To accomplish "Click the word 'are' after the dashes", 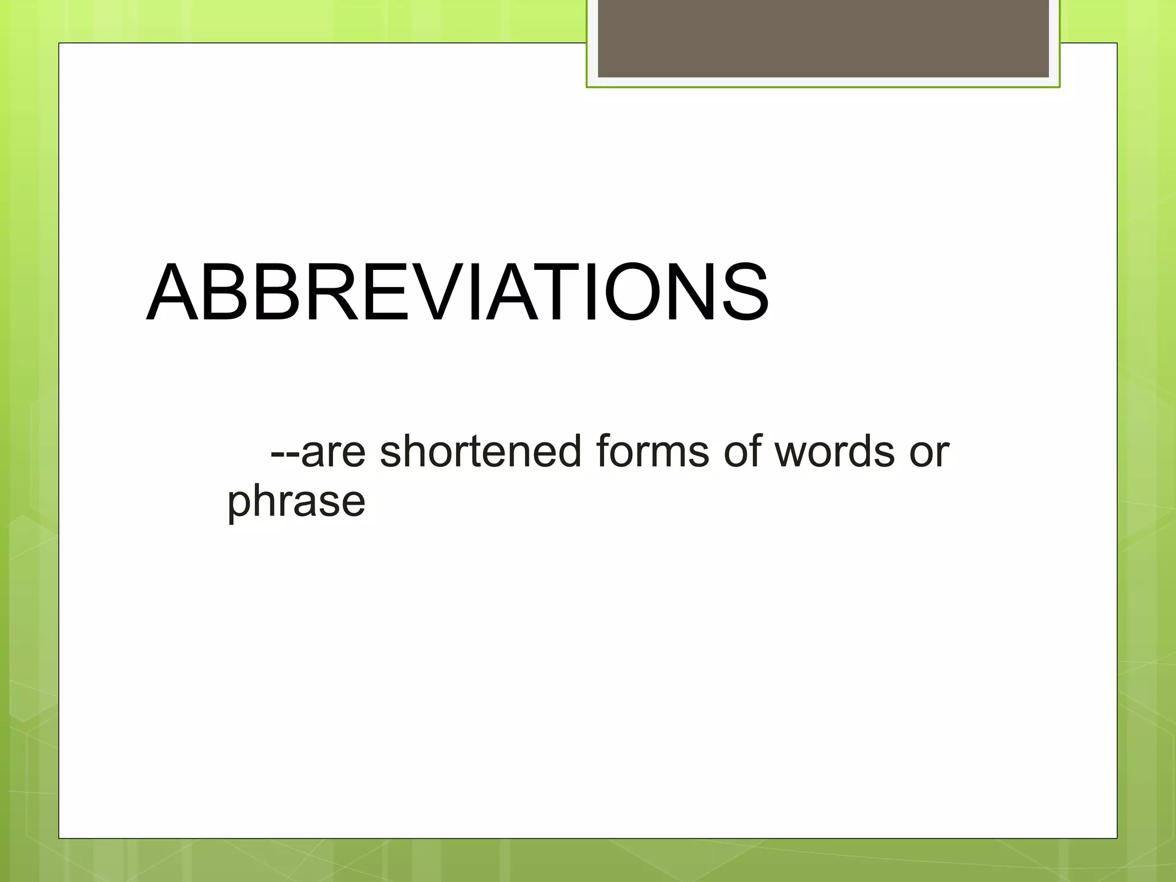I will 333,452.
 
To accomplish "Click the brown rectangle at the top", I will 823,38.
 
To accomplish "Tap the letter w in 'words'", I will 791,454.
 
